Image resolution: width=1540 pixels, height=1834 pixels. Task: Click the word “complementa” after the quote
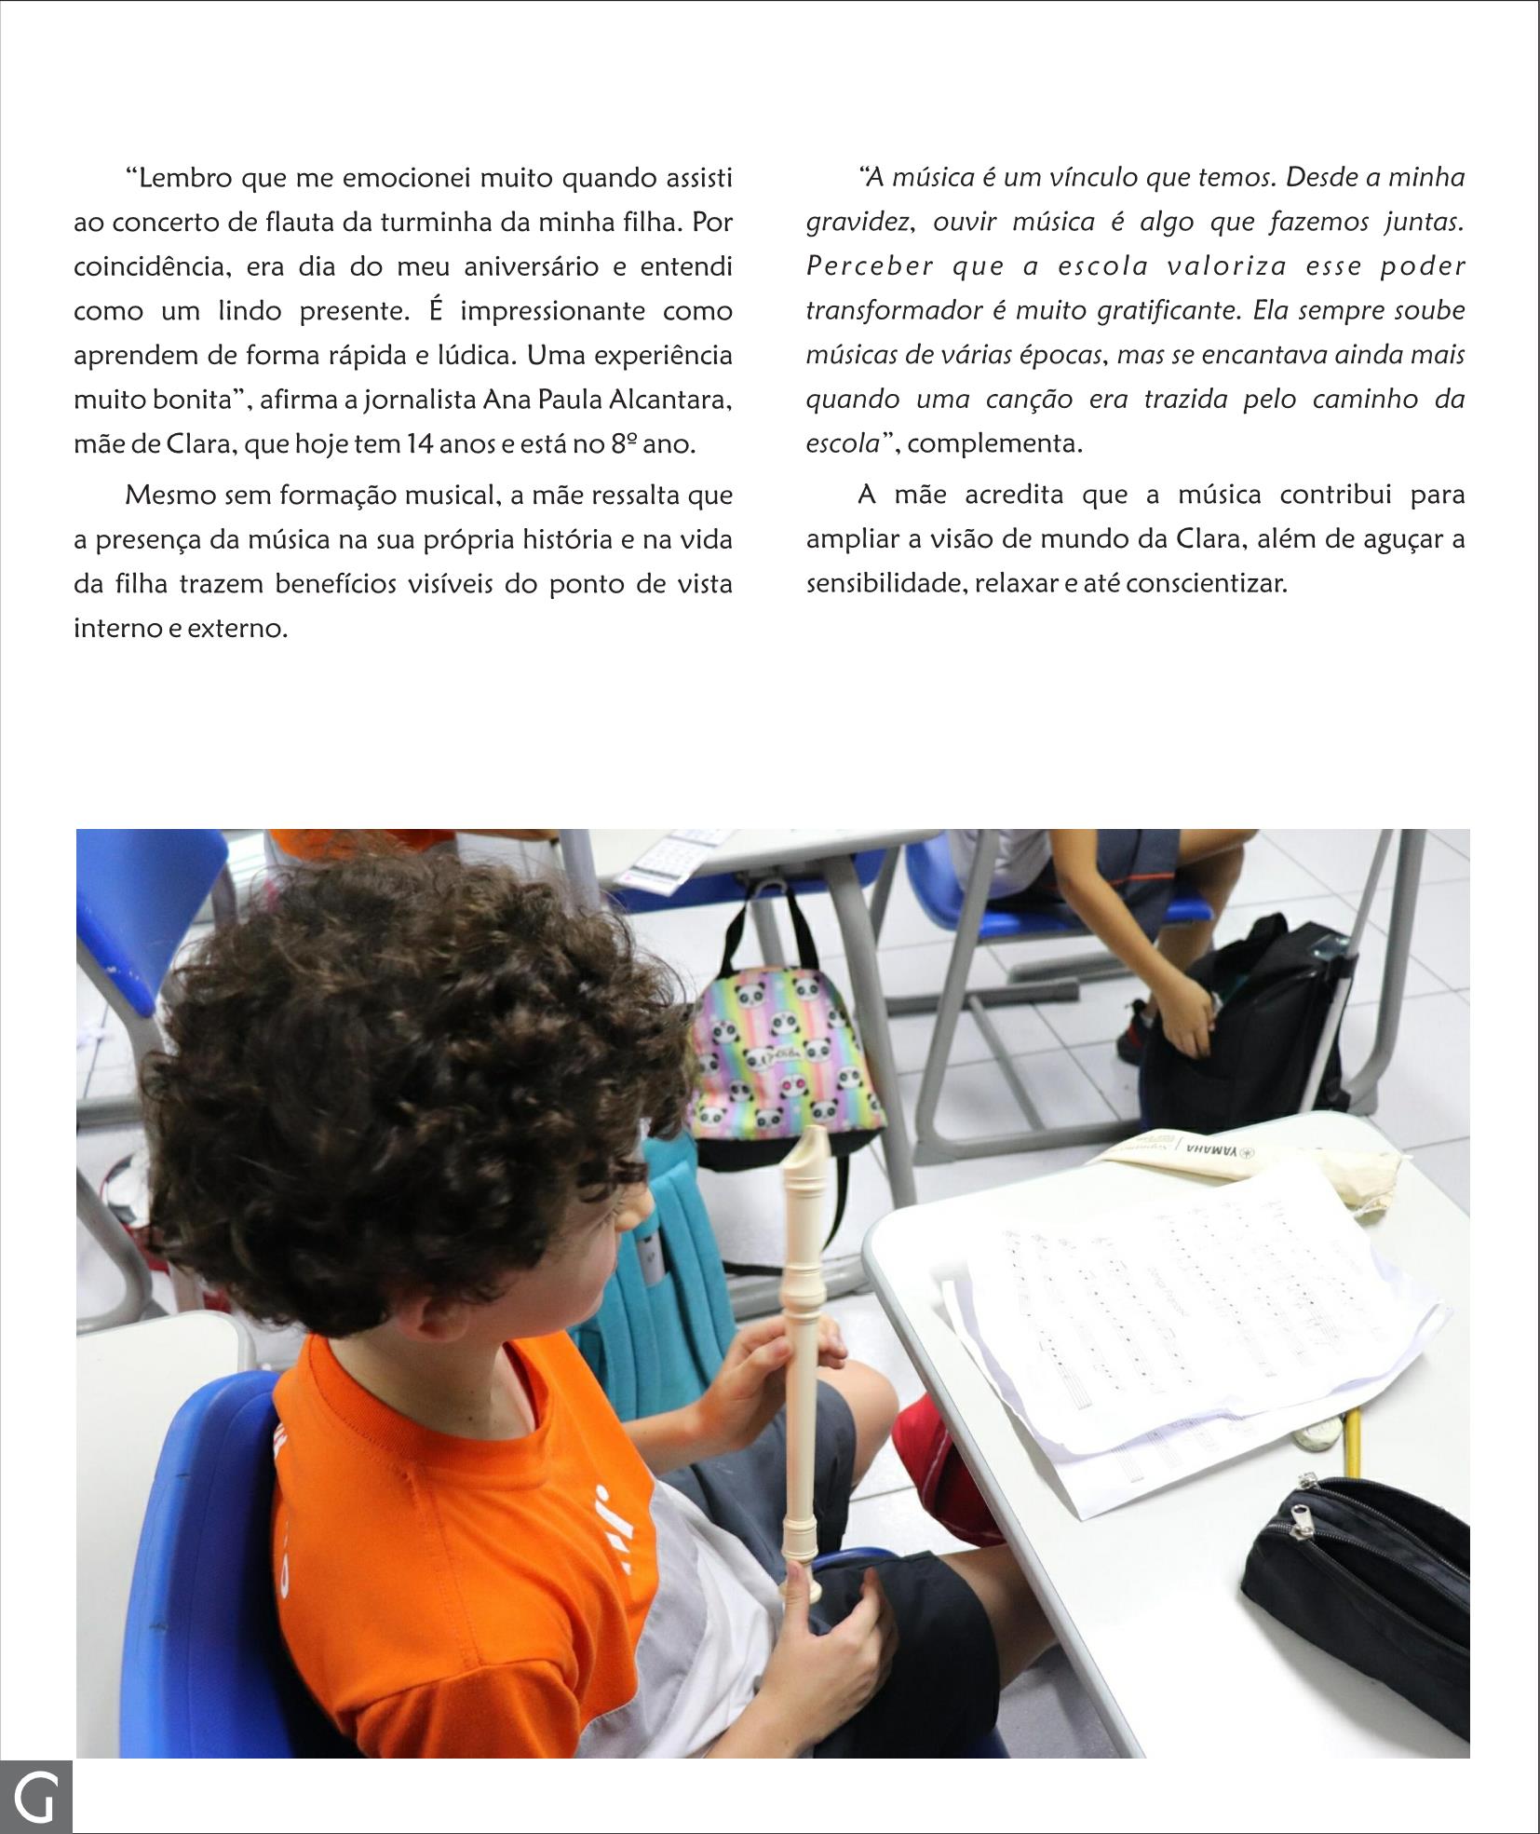coord(994,443)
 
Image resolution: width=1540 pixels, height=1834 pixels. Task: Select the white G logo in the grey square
coord(36,1797)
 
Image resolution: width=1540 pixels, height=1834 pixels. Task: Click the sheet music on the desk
coord(1192,1304)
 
